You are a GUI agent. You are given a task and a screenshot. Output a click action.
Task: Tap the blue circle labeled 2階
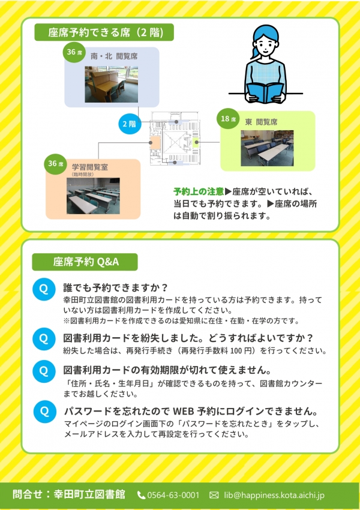coord(130,124)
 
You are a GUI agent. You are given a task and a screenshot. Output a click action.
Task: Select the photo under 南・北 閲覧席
coord(111,84)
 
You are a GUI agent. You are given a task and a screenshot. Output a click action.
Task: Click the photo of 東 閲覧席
coord(267,148)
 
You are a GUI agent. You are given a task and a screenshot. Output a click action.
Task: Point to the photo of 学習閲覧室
coord(93,196)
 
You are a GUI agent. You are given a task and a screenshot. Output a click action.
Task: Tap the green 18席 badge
coord(228,119)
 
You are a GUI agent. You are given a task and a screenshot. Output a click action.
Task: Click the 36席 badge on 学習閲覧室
coord(55,164)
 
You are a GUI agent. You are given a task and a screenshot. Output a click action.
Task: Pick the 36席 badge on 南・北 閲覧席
coord(74,52)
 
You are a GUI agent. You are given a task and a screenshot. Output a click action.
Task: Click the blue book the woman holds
coord(265,92)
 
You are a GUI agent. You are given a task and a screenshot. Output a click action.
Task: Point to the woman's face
coord(266,46)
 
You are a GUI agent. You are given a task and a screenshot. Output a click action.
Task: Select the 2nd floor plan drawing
coord(175,139)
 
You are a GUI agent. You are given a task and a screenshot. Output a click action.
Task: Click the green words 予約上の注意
coord(199,191)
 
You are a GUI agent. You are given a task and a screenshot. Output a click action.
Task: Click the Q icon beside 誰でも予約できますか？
coord(44,289)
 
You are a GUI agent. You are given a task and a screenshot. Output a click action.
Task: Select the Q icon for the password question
coord(45,411)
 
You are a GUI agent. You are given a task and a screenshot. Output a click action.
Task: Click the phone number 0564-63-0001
coord(173,495)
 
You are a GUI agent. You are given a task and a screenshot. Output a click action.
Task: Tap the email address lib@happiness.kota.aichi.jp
coord(274,495)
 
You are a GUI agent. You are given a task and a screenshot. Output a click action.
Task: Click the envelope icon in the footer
coord(214,495)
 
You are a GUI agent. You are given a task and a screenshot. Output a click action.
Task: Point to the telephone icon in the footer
coord(141,495)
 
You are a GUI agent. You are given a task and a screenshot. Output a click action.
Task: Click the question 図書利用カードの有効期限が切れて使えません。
coord(167,370)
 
